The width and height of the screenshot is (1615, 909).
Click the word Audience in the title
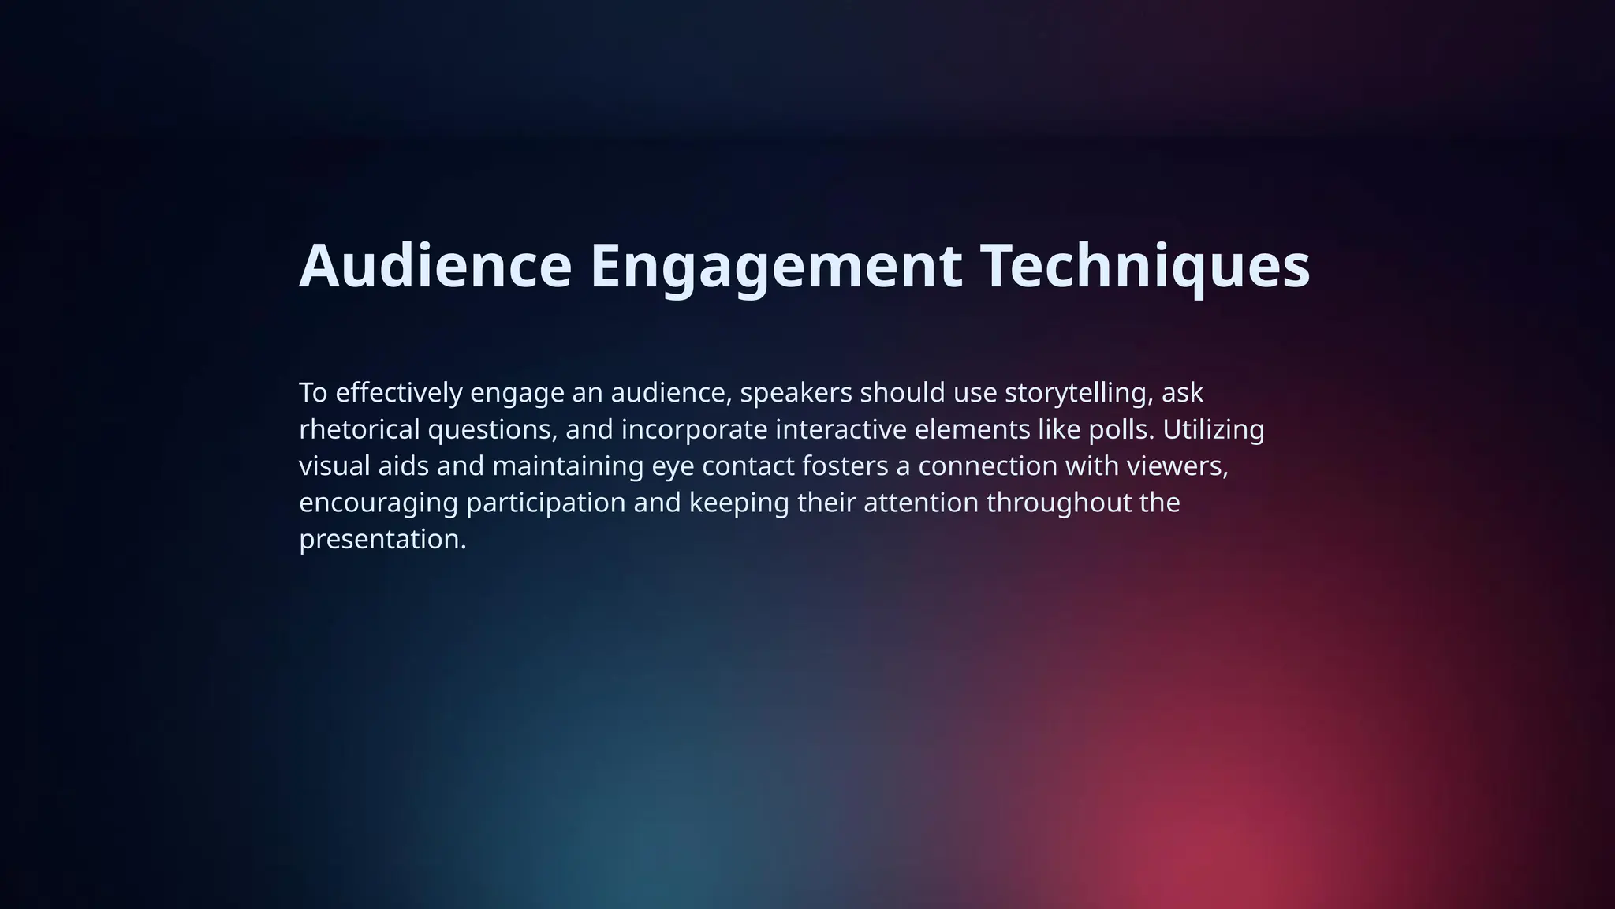(435, 266)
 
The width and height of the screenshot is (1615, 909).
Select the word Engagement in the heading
(776, 266)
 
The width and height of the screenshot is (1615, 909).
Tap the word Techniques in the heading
(1145, 266)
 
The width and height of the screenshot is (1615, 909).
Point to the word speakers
(796, 392)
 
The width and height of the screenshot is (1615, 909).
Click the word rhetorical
(359, 429)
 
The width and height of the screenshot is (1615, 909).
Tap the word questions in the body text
(491, 429)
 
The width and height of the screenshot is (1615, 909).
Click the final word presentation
(382, 540)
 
